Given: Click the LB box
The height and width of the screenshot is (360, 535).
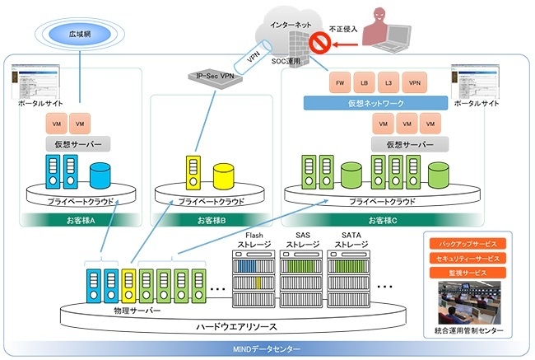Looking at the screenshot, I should [x=362, y=84].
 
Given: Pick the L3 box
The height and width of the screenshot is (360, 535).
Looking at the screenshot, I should [x=388, y=84].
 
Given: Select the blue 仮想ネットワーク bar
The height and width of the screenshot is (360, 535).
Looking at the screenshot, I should [x=375, y=104].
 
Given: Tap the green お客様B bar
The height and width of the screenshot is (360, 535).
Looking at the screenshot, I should [x=209, y=220].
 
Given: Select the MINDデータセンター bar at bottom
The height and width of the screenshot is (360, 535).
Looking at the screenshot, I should [x=267, y=349].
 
